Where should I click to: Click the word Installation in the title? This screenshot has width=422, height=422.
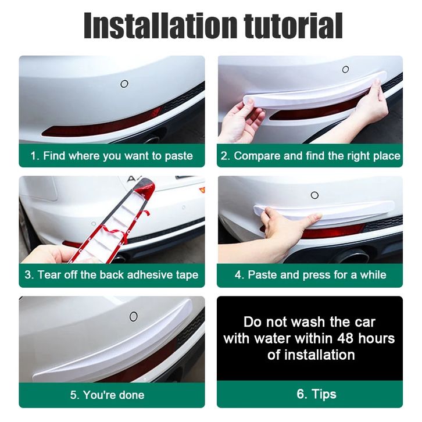pyautogui.click(x=160, y=26)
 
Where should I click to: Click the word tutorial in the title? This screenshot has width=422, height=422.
pyautogui.click(x=294, y=26)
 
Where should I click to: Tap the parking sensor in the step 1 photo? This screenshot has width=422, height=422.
pyautogui.click(x=124, y=84)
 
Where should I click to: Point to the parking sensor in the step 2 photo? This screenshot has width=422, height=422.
pyautogui.click(x=346, y=69)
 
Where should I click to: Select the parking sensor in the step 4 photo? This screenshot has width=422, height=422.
pyautogui.click(x=314, y=195)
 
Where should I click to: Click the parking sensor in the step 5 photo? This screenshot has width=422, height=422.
pyautogui.click(x=134, y=316)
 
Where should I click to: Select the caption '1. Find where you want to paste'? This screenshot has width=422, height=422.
pyautogui.click(x=112, y=156)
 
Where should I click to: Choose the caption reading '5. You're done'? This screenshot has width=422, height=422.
pyautogui.click(x=107, y=395)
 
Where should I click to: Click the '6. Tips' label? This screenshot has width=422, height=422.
pyautogui.click(x=316, y=394)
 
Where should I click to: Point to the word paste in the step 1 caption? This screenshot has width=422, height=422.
pyautogui.click(x=178, y=156)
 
